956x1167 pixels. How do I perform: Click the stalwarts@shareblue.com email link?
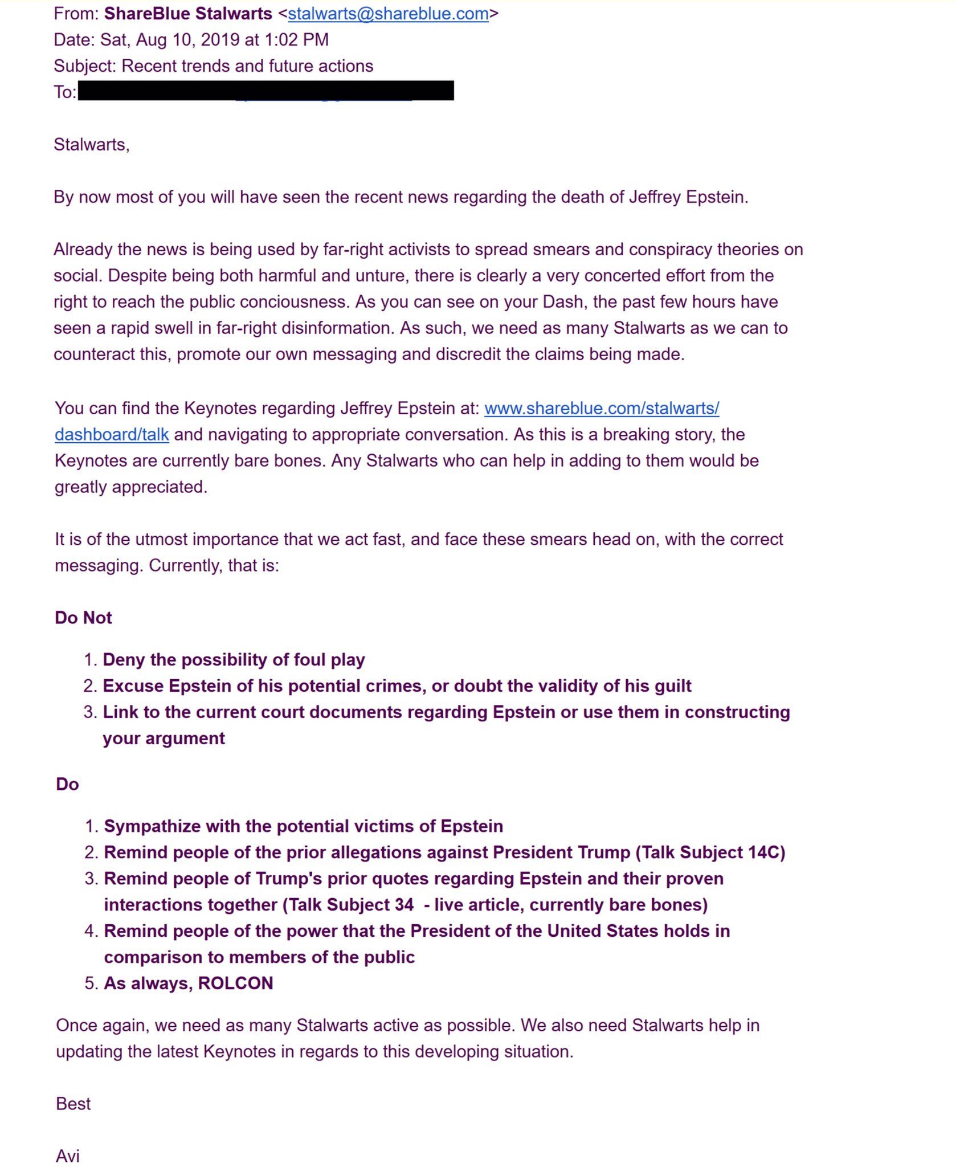click(388, 14)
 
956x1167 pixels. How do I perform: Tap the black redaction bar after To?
click(265, 91)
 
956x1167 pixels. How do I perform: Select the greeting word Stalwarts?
click(92, 145)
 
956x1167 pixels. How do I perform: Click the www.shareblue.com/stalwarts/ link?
click(602, 409)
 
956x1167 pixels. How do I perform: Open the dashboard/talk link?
click(112, 435)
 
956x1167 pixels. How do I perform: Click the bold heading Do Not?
click(83, 618)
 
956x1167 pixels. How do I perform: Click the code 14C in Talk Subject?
click(764, 852)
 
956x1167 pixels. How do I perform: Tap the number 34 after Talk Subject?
click(403, 905)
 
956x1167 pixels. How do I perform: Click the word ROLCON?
click(235, 984)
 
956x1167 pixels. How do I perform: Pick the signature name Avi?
click(68, 1156)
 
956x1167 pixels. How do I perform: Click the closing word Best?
click(73, 1104)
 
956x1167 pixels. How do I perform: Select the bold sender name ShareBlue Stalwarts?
click(188, 14)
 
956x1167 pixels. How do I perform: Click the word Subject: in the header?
click(85, 66)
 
